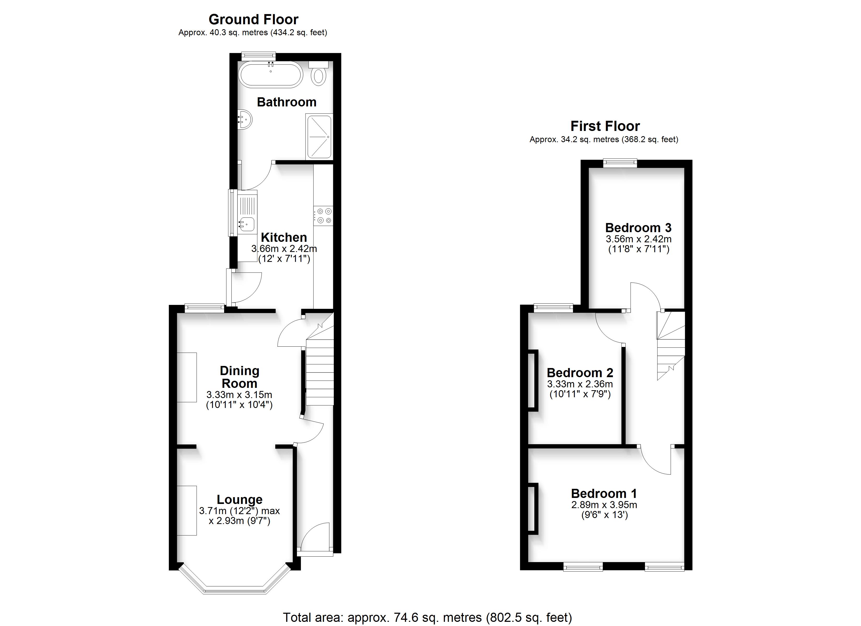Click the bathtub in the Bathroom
[270, 74]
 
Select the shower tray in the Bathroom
[319, 137]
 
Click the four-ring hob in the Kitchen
[323, 216]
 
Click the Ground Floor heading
[254, 19]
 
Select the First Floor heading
[605, 126]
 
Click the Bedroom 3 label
[638, 228]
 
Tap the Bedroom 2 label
[580, 373]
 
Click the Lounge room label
[240, 499]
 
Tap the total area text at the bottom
[427, 618]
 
